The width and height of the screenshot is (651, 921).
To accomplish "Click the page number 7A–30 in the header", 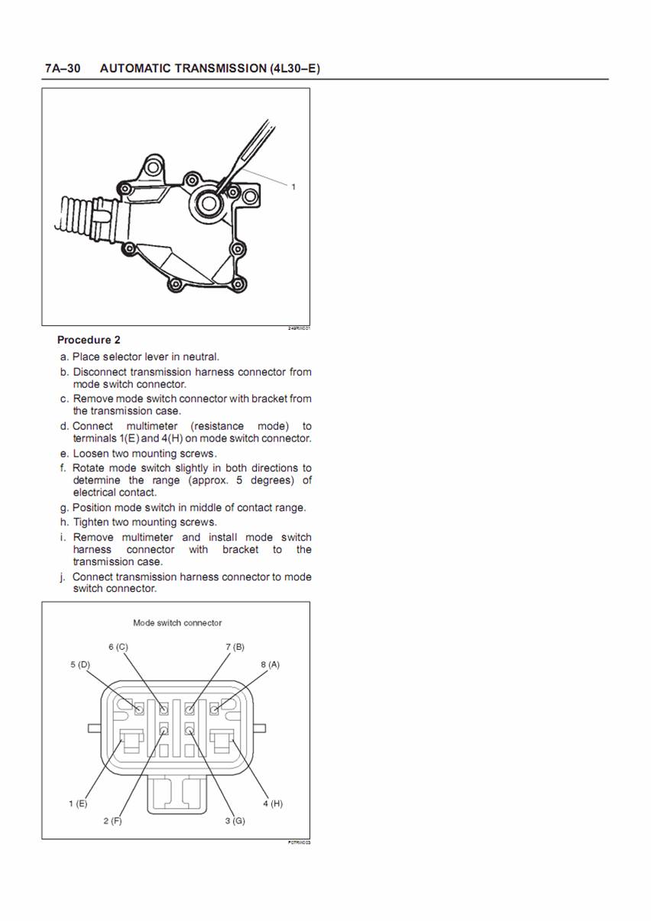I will click(63, 69).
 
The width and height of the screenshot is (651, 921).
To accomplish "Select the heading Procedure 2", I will click(89, 340).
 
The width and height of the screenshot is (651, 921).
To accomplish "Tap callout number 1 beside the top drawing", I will click(293, 186).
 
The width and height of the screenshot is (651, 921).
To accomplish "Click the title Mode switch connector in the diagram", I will click(177, 622).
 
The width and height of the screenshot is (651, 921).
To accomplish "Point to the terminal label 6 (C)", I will click(118, 647).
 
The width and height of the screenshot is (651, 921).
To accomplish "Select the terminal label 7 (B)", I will click(235, 647).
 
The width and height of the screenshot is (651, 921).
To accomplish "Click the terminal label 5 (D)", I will click(80, 664).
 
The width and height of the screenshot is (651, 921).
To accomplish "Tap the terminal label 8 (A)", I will click(270, 664).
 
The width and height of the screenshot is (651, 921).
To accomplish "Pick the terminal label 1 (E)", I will click(78, 803).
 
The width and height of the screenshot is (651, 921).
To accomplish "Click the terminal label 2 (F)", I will click(112, 821).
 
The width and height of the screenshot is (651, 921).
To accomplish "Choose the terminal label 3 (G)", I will click(235, 821).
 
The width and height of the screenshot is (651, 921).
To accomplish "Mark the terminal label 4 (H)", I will click(273, 803).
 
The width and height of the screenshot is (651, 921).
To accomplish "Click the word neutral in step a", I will click(201, 357).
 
